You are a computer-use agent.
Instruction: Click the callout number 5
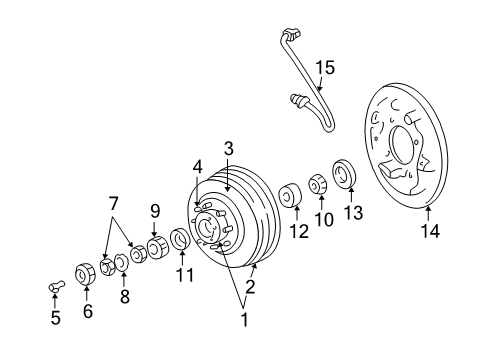pos(55,318)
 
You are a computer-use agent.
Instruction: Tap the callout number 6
pos(86,310)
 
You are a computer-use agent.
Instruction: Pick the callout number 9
pos(155,210)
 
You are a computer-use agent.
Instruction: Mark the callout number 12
pos(296,232)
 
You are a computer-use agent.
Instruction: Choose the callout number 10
pos(322,219)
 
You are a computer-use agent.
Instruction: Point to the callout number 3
pos(228,149)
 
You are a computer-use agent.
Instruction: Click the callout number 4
pos(198,167)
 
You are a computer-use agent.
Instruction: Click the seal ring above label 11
pos(181,240)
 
